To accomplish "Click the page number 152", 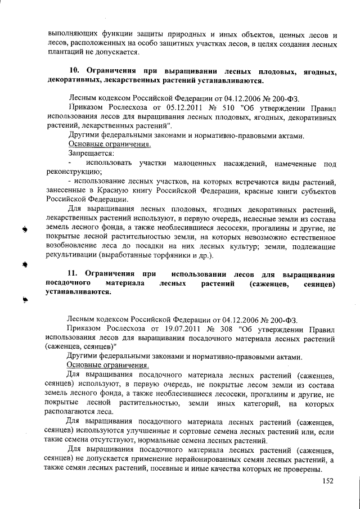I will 328,481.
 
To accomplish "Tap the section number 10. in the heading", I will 75,71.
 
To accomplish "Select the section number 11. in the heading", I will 75,274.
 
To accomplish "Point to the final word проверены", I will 301,469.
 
